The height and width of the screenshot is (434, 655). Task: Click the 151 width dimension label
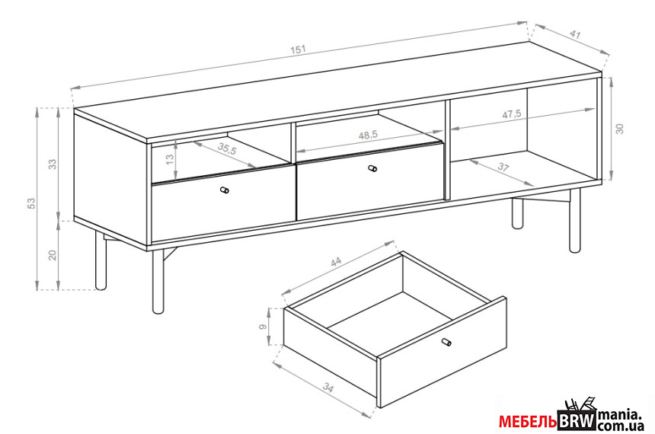tap(299, 49)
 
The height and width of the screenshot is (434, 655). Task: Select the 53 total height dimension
tap(32, 203)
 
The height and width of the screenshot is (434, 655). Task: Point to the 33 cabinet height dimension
tap(53, 164)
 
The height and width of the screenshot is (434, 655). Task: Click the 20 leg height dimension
tap(53, 255)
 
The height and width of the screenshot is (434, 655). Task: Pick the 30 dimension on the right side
tap(620, 129)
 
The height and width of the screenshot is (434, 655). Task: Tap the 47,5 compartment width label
tap(511, 114)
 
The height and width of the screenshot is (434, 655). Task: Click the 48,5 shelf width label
tap(368, 135)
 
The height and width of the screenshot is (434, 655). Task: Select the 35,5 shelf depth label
tap(228, 148)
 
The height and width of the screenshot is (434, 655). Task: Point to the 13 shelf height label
tap(170, 159)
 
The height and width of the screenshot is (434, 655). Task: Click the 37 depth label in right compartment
tap(503, 167)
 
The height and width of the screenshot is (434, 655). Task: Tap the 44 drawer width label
tap(336, 261)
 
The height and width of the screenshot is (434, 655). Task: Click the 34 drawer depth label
tap(328, 388)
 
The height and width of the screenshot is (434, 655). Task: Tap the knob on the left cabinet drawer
tap(225, 190)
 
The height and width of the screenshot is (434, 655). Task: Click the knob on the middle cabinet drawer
tap(372, 169)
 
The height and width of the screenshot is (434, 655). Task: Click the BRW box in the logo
tap(577, 420)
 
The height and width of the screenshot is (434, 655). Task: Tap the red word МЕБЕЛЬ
tap(528, 422)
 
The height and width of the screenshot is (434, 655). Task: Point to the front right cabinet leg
tap(575, 221)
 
